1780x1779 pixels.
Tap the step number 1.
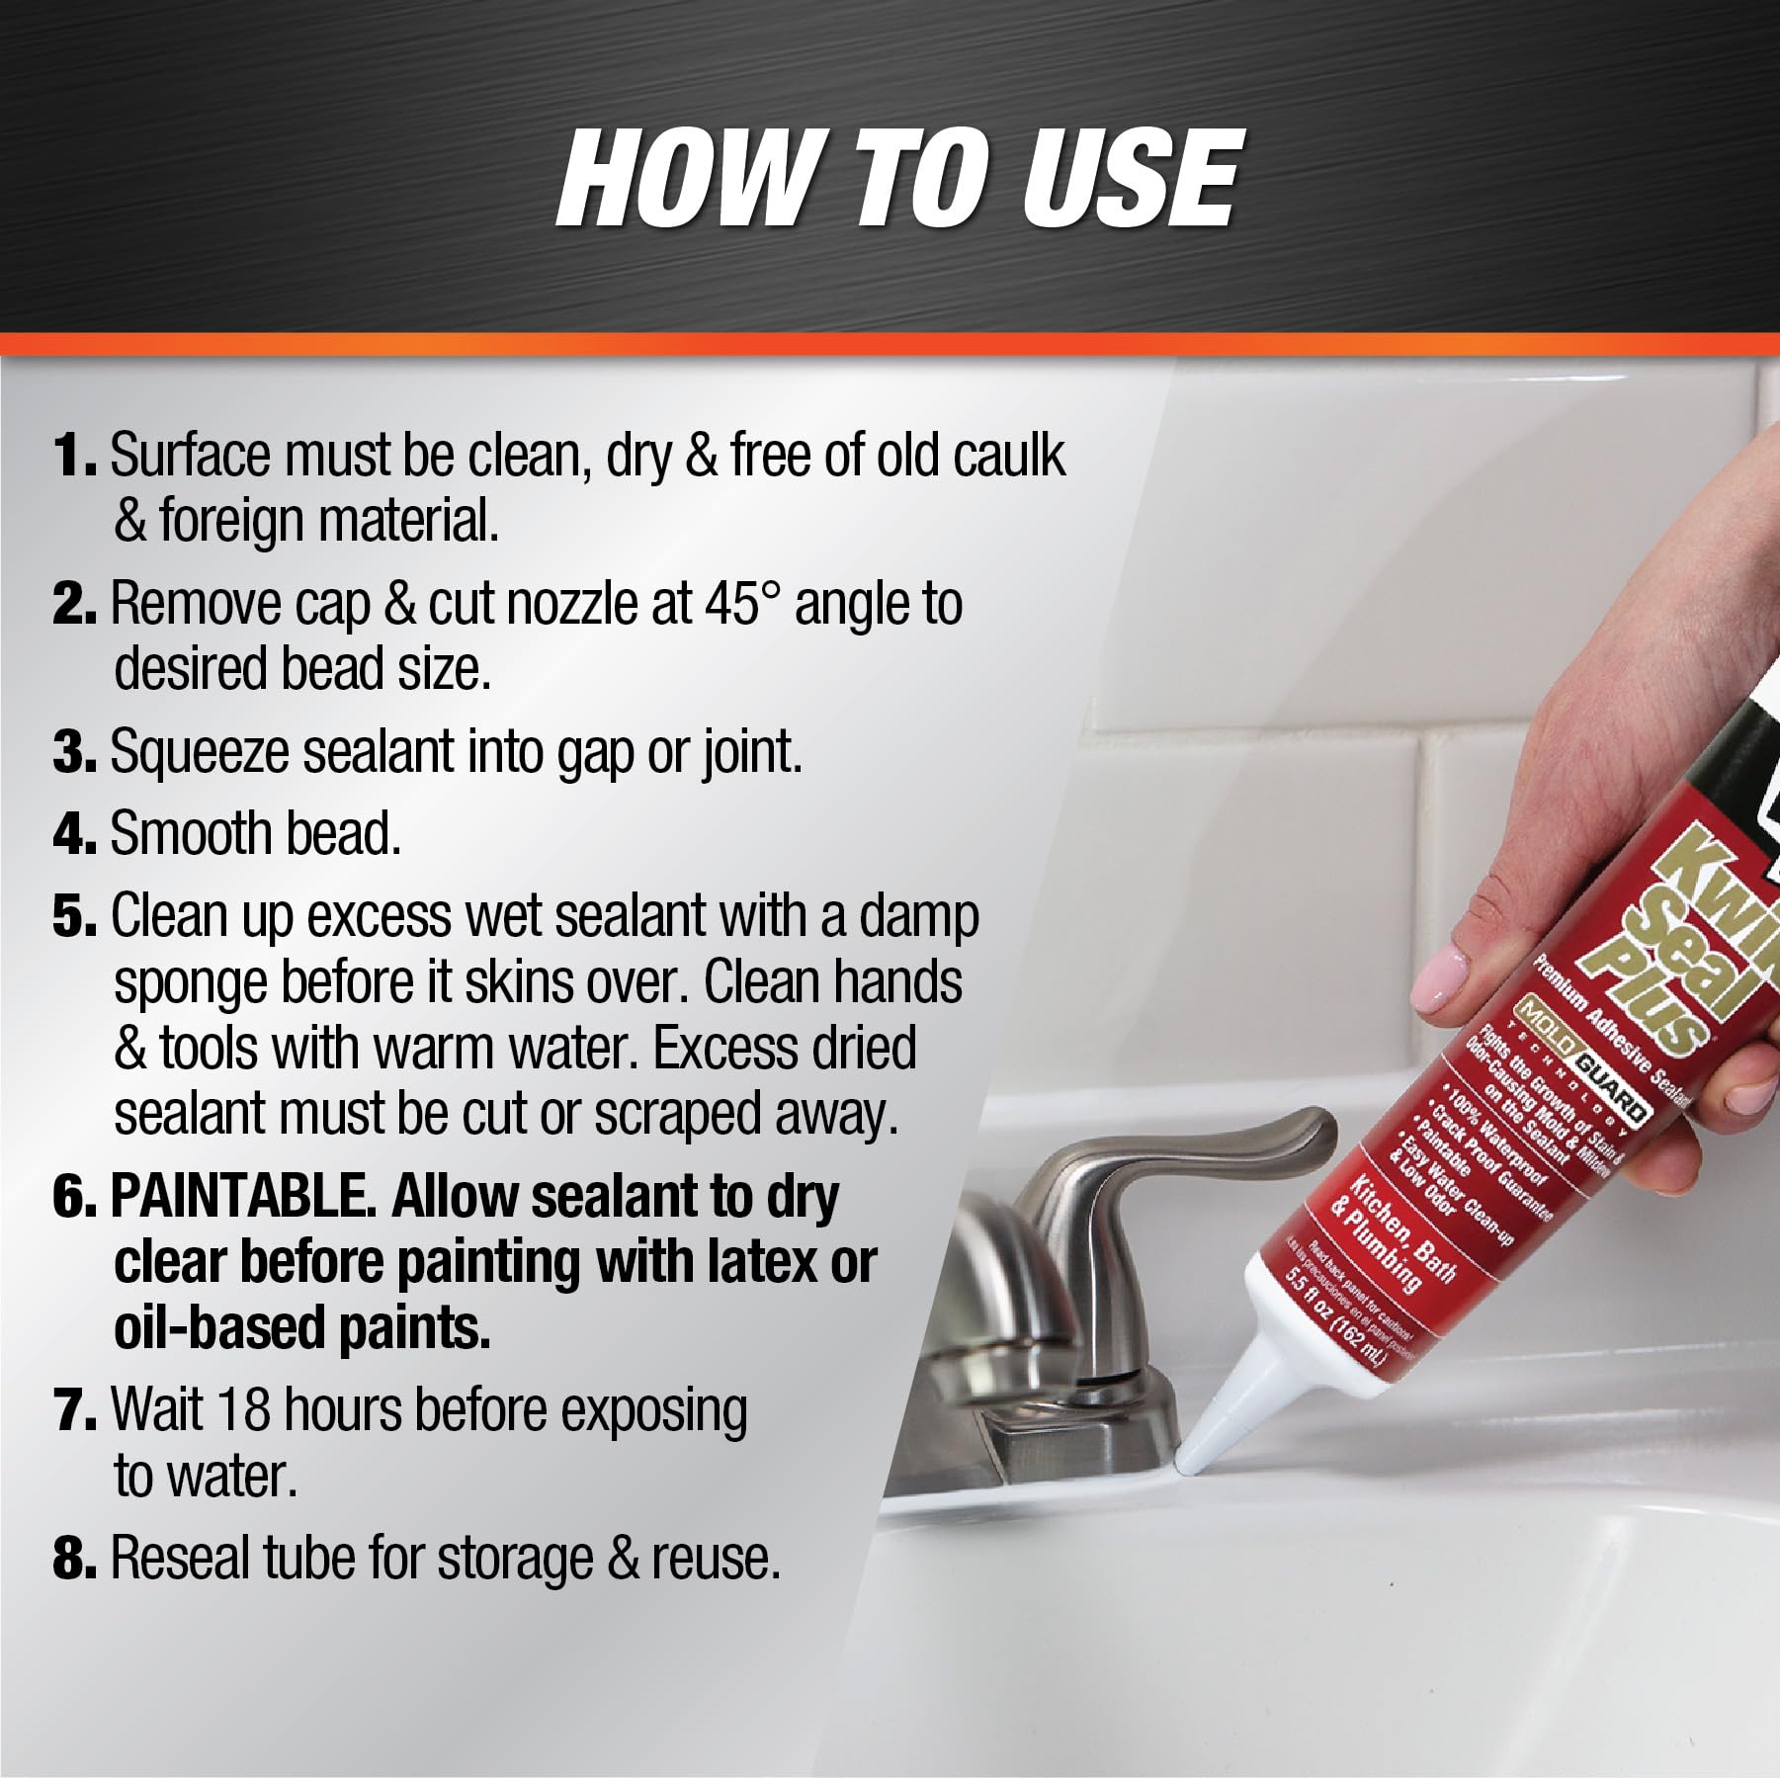73,456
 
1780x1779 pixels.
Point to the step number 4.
73,835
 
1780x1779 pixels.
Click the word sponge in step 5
189,983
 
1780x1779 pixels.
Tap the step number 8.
73,1559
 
